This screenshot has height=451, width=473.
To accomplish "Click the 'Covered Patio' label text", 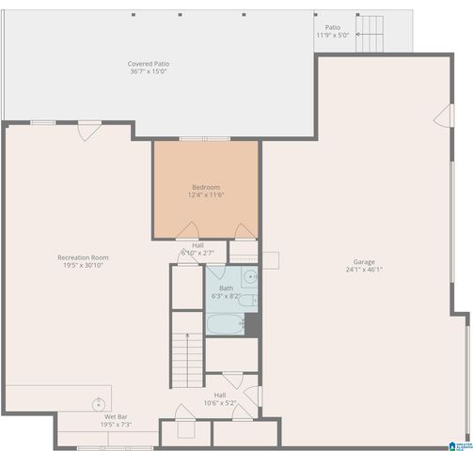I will [149, 64].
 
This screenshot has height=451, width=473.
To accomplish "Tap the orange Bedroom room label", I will [206, 187].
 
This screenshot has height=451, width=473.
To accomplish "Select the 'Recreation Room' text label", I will [83, 257].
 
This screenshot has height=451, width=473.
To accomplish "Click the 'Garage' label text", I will [364, 261].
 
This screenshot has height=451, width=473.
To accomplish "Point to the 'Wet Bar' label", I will [117, 416].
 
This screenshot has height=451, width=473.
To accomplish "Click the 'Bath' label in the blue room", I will [227, 288].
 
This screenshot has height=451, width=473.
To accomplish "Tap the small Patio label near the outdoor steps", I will [332, 27].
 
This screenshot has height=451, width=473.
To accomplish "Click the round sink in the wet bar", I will [97, 404].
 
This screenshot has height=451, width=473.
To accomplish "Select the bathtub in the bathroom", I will [225, 324].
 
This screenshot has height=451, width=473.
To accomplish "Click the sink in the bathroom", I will [250, 277].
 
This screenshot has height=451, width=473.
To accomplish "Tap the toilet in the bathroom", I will [251, 322].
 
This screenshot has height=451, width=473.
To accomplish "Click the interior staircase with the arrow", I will [187, 357].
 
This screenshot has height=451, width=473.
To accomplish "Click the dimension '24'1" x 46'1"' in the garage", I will [364, 270].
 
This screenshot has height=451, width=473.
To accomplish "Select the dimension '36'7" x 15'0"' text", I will [149, 72].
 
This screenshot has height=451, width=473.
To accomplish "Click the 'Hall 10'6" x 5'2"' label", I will [219, 399].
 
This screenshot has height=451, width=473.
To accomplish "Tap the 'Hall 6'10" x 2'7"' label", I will [197, 249].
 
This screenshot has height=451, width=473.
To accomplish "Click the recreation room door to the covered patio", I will [87, 132].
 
